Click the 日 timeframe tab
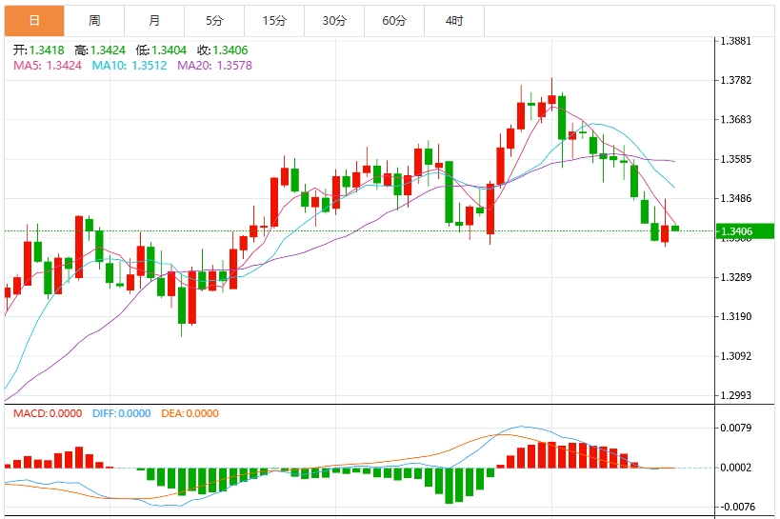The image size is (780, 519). coord(34,20)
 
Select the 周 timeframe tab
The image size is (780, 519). coord(94,20)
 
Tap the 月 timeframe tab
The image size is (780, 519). coord(154,20)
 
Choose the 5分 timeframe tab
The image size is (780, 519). coord(214,20)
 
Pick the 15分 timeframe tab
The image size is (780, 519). coord(274,20)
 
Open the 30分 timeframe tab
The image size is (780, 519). coord(334,20)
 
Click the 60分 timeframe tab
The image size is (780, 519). coord(394,20)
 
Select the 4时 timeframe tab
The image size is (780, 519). coord(454,20)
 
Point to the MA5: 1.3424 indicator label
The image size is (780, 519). coord(48,66)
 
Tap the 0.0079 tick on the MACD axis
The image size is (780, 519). coord(737,428)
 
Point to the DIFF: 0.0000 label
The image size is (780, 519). coord(122,413)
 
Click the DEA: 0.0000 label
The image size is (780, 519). coord(190,413)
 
